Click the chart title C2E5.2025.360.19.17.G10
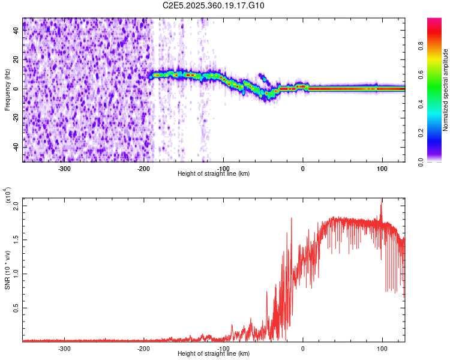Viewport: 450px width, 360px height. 214,6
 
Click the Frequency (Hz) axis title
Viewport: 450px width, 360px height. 8,89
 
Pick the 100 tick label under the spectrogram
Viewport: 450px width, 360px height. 382,169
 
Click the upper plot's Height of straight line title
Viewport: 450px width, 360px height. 214,174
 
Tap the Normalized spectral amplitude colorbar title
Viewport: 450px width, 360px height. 445,90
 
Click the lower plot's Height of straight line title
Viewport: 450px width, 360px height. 214,354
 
